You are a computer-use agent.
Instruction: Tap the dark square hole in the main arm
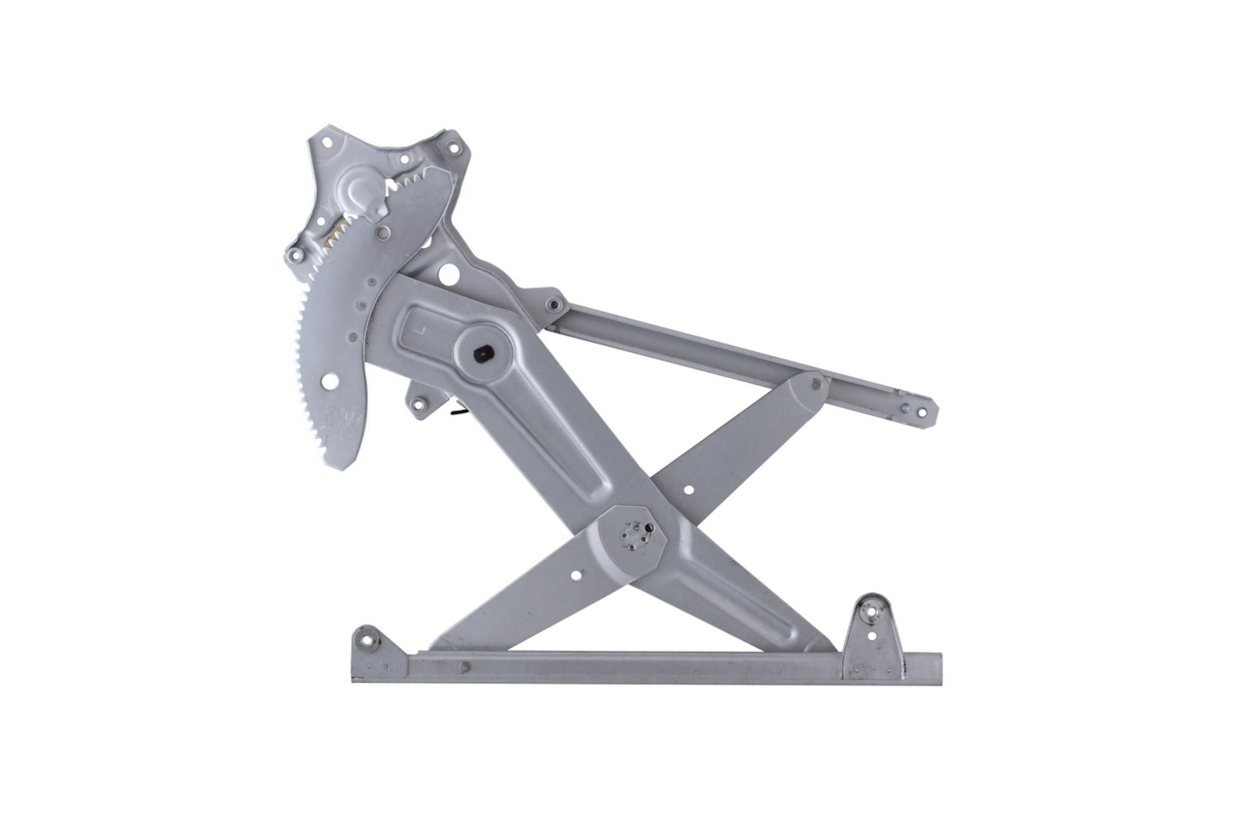click(x=482, y=355)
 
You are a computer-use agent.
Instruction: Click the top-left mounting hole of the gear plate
click(x=327, y=142)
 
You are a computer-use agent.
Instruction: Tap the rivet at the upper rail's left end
click(x=553, y=304)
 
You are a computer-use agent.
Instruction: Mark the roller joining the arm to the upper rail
click(x=816, y=384)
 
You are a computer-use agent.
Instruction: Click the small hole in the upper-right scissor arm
click(x=688, y=490)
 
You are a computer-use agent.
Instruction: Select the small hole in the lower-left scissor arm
click(x=576, y=575)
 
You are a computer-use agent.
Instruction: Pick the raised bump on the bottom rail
click(x=464, y=667)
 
